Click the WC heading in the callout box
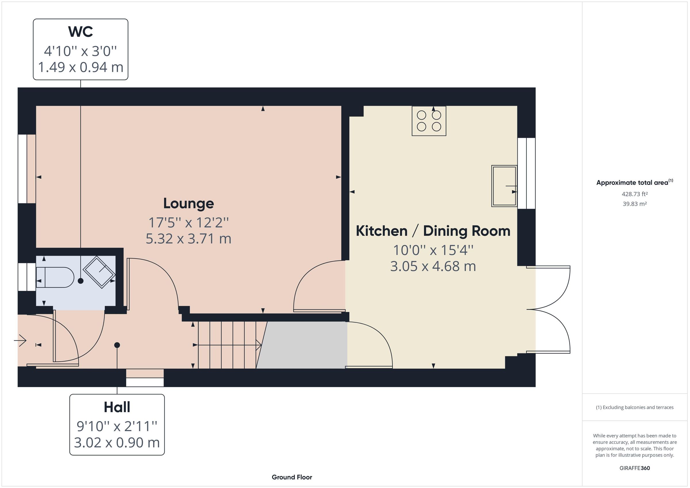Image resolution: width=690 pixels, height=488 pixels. click(80, 32)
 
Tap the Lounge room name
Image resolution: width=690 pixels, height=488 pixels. click(188, 203)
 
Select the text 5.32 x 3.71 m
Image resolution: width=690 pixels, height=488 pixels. click(188, 239)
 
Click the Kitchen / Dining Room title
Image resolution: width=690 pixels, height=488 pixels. click(433, 231)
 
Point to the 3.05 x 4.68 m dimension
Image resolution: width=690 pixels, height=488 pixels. click(433, 266)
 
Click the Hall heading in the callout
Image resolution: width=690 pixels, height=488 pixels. click(117, 408)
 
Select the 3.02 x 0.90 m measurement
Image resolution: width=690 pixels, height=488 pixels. click(117, 443)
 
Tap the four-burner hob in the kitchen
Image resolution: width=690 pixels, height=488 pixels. click(429, 121)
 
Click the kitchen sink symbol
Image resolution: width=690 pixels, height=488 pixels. click(504, 186)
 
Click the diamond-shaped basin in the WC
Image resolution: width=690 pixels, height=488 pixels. click(99, 272)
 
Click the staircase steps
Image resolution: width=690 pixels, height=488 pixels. click(227, 345)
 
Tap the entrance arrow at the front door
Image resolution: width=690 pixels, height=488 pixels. click(20, 341)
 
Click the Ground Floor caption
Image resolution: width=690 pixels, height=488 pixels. click(292, 477)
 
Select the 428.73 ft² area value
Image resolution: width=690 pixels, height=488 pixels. click(635, 194)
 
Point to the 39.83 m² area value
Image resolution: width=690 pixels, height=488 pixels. click(635, 204)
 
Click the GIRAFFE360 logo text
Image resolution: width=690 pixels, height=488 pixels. click(635, 468)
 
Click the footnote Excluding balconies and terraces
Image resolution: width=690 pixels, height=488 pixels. click(635, 408)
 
